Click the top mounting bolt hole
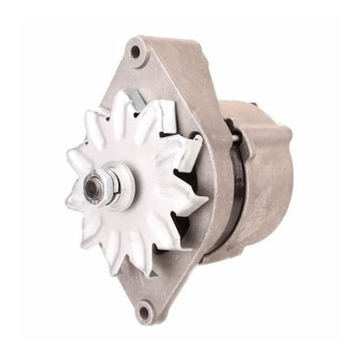click(135, 52)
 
